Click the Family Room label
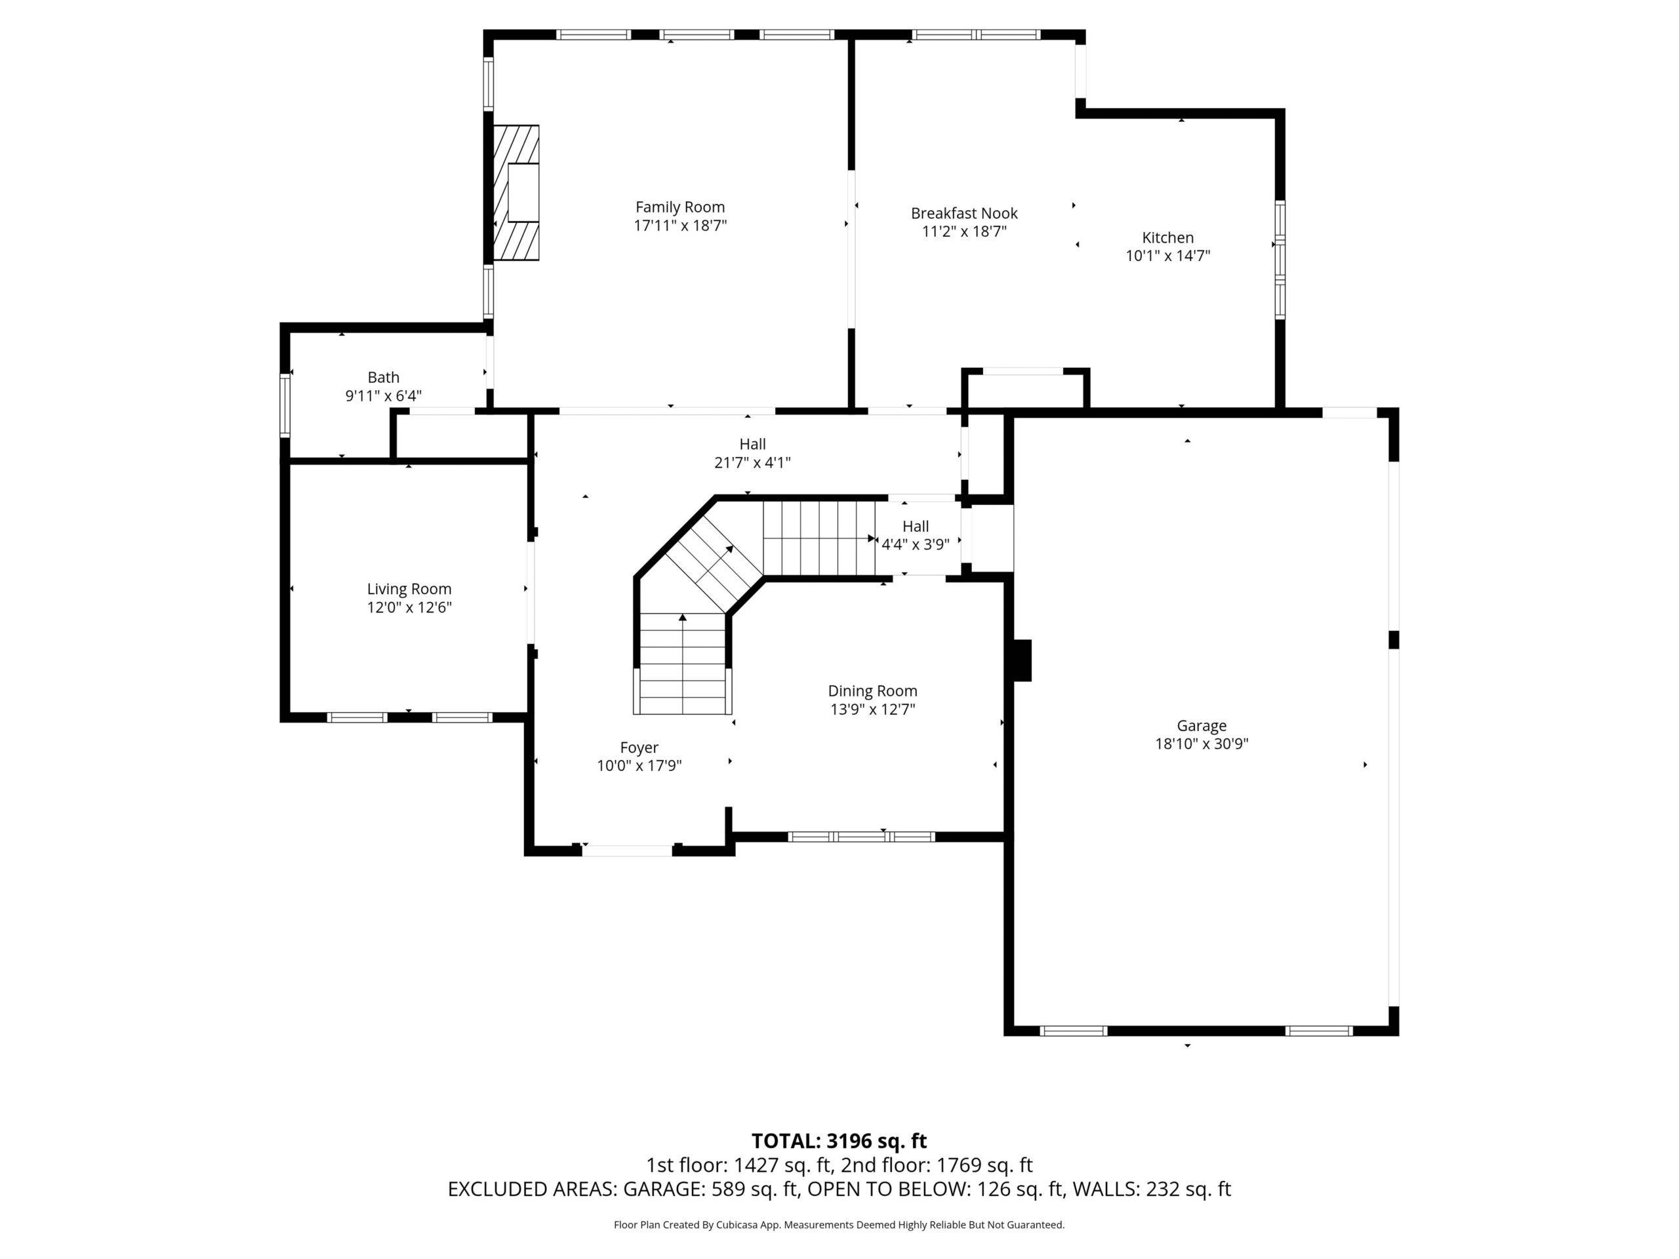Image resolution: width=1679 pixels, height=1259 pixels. click(680, 207)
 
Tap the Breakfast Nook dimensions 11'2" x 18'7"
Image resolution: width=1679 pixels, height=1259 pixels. click(964, 231)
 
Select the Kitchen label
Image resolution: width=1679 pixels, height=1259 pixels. click(1167, 237)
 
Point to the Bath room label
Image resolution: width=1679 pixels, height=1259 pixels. click(383, 377)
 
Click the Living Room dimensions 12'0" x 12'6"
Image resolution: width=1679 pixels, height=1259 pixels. click(409, 607)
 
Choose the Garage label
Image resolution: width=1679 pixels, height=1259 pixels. click(1202, 725)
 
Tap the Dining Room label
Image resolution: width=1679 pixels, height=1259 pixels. click(872, 690)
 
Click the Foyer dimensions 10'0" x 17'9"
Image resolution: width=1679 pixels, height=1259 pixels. click(639, 766)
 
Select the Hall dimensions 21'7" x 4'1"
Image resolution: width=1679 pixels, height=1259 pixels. click(752, 462)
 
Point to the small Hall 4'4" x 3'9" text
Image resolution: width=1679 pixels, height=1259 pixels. click(916, 535)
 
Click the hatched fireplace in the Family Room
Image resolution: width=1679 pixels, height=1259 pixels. click(516, 193)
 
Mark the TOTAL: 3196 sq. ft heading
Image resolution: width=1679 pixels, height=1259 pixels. click(839, 1140)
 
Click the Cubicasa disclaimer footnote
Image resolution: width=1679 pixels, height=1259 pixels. click(839, 1224)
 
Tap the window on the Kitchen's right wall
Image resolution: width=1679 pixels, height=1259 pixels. click(1280, 260)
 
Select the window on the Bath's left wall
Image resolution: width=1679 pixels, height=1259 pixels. click(285, 405)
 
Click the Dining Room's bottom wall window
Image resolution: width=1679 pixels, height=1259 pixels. click(862, 836)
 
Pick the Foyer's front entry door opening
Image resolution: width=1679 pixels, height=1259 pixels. click(627, 850)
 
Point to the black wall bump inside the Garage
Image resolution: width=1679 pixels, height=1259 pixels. click(1022, 660)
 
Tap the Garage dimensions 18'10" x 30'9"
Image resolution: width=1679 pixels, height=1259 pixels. click(1202, 744)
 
